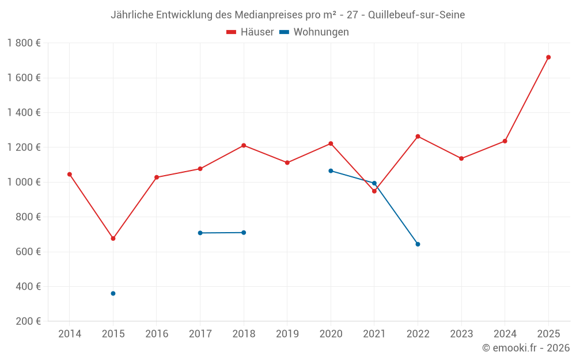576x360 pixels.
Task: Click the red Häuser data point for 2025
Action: pos(548,57)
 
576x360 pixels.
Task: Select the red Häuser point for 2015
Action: pos(113,238)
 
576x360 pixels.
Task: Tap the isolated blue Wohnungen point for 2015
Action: pos(113,293)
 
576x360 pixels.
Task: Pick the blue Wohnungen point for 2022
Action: pos(418,244)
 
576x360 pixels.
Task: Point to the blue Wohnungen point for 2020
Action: pos(331,170)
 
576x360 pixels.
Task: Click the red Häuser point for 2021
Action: pos(374,191)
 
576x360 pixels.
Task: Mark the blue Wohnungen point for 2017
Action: pos(200,233)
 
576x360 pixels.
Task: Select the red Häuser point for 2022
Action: pos(418,137)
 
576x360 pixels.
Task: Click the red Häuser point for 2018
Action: pos(244,145)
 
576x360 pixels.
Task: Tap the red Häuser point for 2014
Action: pos(70,174)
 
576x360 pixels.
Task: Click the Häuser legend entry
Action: pos(250,32)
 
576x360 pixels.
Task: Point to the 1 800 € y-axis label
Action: pos(24,43)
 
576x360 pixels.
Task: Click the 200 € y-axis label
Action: pos(28,321)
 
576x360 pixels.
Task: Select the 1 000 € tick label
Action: pos(24,182)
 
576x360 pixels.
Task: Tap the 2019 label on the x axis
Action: pos(287,334)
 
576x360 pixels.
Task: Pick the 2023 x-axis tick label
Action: pos(461,334)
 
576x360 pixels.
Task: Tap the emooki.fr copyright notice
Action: pos(525,348)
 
